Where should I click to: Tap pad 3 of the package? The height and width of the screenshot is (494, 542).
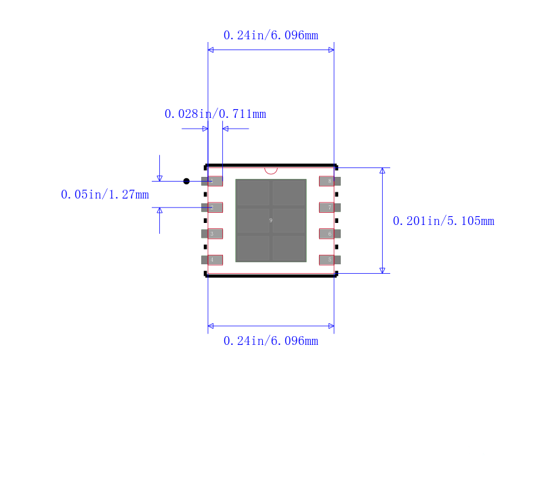tap(212, 234)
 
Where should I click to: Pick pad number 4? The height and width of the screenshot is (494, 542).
tap(212, 260)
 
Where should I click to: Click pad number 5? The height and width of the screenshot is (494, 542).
tap(329, 260)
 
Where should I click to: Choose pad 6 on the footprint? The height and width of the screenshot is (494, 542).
tap(329, 234)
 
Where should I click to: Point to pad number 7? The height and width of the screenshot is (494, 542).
tap(329, 207)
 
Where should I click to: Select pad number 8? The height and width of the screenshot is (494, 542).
tap(329, 181)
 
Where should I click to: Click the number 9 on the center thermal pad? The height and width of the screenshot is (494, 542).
tap(271, 220)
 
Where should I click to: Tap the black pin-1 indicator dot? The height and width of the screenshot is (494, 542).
tap(186, 181)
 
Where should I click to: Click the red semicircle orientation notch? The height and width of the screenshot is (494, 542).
tap(271, 170)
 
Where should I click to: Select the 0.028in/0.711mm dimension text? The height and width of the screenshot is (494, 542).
tap(215, 114)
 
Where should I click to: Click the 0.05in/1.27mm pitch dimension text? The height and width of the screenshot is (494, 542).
tap(104, 195)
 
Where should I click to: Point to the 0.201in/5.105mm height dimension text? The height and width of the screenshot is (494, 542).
tap(443, 221)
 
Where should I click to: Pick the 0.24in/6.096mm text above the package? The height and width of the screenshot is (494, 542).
tap(270, 35)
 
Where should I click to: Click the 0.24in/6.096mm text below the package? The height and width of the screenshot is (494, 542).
tap(270, 341)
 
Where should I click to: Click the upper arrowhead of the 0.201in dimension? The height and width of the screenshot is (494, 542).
tap(382, 171)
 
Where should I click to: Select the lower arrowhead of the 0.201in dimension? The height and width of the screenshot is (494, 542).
tap(382, 270)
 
